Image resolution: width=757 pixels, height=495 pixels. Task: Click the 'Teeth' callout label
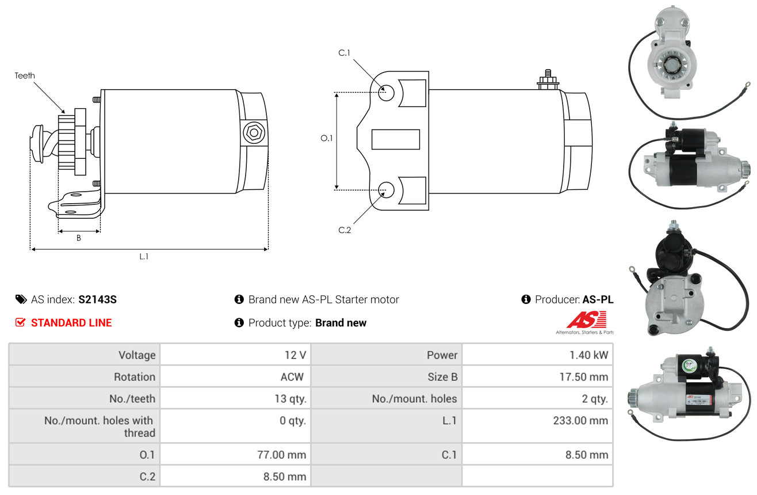click(25, 75)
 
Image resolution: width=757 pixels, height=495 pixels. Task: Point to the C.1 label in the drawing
click(344, 53)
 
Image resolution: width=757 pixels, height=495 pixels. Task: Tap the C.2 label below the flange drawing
click(345, 230)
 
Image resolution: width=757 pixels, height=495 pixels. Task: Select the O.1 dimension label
click(327, 138)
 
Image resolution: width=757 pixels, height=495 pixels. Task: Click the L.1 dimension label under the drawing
click(144, 257)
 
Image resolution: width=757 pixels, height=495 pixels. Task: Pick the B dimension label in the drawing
click(79, 238)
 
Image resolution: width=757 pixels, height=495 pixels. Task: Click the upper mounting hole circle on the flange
click(387, 93)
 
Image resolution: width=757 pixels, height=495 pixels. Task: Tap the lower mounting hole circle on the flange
click(387, 190)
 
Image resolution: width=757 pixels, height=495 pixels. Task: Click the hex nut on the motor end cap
click(254, 132)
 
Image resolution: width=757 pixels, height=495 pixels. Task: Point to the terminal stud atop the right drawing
click(548, 79)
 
